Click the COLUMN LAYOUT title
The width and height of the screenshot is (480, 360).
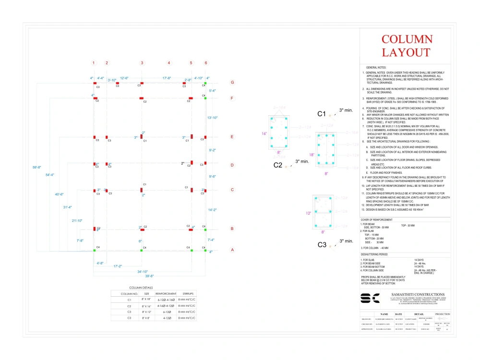pos(407,46)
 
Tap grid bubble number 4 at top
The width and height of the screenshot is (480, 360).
pos(168,63)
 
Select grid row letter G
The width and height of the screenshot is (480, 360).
pos(232,83)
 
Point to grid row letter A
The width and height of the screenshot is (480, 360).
pos(232,250)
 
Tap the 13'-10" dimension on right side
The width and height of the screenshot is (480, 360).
pos(212,118)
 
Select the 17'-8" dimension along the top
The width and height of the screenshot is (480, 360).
pos(167,78)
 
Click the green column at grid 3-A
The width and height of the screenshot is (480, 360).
pos(142,250)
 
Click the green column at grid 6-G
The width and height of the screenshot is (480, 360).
pos(205,83)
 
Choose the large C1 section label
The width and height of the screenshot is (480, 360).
pos(322,114)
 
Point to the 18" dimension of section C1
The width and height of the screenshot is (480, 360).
pos(311,155)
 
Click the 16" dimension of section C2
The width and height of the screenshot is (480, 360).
pos(264,133)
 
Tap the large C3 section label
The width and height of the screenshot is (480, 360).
pos(322,245)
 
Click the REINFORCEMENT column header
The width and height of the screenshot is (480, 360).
pos(164,293)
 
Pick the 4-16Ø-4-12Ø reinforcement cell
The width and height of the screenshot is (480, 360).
pos(164,306)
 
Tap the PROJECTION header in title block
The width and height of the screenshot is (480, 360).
pos(442,314)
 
